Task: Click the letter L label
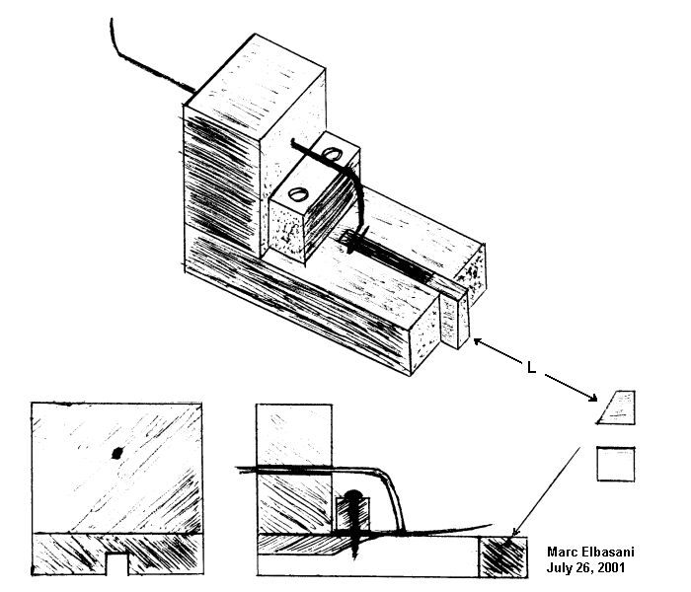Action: (x=531, y=368)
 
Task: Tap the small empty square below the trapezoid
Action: (x=616, y=464)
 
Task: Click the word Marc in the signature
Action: (x=564, y=554)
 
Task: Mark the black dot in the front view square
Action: (x=116, y=454)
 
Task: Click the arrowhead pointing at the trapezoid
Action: (x=594, y=397)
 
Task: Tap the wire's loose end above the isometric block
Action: (x=113, y=20)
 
